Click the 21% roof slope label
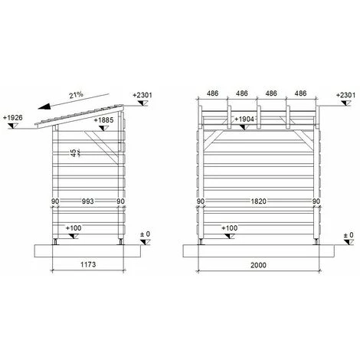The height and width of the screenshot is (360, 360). pos(77,95)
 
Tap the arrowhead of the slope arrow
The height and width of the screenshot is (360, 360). pos(44,106)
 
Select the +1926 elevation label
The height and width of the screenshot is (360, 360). pos(13,118)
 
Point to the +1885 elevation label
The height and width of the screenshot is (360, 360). pos(104,120)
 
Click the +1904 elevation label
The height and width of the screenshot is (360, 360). pos(244,119)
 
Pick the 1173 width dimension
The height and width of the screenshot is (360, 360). pos(88,264)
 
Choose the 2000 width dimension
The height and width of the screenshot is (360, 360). pos(258,265)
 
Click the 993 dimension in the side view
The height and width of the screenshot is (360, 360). pos(87,201)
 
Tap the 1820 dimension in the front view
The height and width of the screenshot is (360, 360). pos(259,201)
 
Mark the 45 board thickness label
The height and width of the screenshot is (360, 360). pos(74,153)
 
